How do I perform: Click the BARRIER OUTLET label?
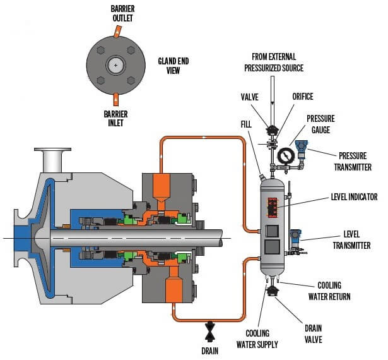click(x=122, y=13)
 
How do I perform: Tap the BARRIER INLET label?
click(x=115, y=119)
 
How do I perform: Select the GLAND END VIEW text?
click(x=173, y=66)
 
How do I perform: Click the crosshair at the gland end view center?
click(x=115, y=66)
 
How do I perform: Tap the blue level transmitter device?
click(x=295, y=238)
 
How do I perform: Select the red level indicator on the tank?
click(x=273, y=208)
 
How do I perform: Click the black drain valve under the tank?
click(x=273, y=291)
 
